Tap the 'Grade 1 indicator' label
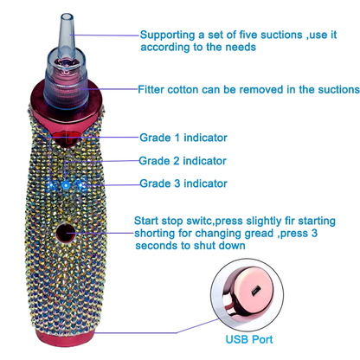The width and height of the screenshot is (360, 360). click(x=183, y=138)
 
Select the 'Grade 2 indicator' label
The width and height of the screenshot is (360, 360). click(x=183, y=161)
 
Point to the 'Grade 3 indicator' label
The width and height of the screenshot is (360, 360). click(x=183, y=183)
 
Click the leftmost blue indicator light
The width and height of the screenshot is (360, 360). click(x=52, y=185)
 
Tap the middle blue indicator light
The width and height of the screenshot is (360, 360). click(x=66, y=185)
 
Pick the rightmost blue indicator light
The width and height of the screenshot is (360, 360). click(x=80, y=183)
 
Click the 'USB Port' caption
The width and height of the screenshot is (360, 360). click(x=249, y=339)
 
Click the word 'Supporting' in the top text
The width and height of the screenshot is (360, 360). click(x=168, y=35)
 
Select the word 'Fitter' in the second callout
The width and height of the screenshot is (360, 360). click(x=151, y=89)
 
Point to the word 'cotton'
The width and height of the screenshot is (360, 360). click(x=183, y=90)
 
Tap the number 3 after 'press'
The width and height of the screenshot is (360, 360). click(x=314, y=233)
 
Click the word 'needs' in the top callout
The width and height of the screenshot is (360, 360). click(x=241, y=47)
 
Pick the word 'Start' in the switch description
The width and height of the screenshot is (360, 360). click(x=146, y=221)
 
